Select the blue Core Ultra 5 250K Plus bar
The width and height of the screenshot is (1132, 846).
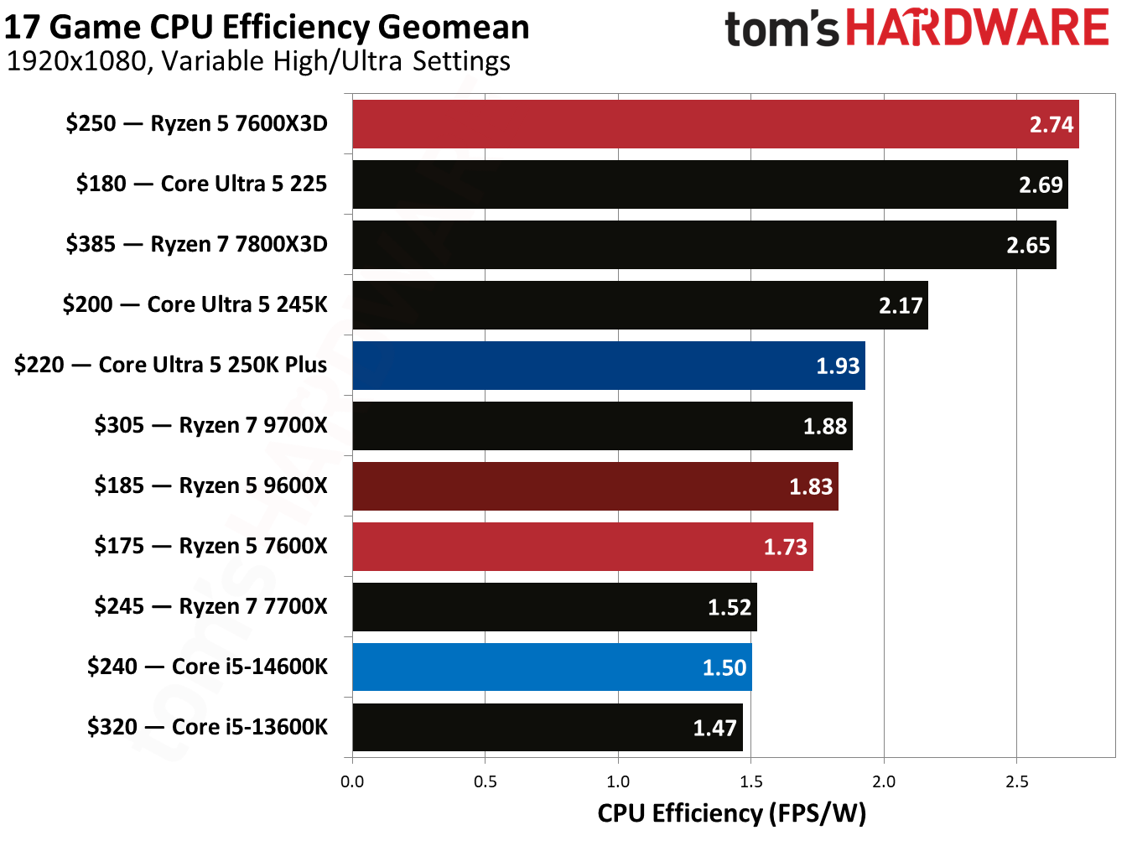[x=608, y=366]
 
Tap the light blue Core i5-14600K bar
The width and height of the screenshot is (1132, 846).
[x=552, y=667]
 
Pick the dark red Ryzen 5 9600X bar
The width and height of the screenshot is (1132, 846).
[x=595, y=486]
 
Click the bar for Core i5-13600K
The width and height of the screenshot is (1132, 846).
[x=547, y=728]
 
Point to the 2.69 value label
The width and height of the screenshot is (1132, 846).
[x=1041, y=184]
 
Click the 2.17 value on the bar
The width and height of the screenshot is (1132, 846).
[x=901, y=305]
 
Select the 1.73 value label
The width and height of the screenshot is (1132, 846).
[x=785, y=547]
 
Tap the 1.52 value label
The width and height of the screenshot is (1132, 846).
[x=729, y=607]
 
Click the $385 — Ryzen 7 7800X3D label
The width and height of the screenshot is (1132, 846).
[x=196, y=244]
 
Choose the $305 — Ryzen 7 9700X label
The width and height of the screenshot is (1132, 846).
[x=210, y=425]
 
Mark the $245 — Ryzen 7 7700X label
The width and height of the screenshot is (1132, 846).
[x=210, y=606]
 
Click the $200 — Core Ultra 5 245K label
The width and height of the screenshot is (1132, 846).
[x=195, y=304]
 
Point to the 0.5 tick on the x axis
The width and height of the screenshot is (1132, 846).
[x=485, y=781]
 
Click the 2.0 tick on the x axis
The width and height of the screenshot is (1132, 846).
[x=884, y=781]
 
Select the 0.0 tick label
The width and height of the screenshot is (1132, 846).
[x=352, y=781]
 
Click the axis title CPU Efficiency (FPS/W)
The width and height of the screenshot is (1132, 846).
[x=731, y=813]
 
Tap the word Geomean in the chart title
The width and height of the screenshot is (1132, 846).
[x=453, y=27]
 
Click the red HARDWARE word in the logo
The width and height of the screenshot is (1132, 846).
[x=977, y=28]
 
